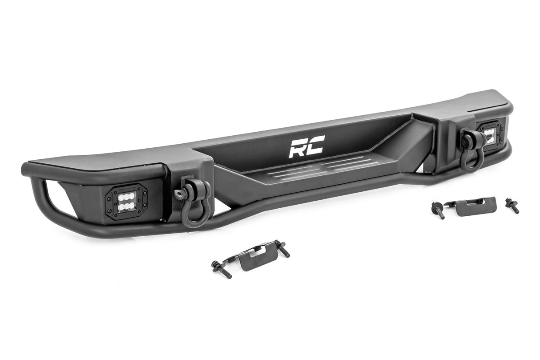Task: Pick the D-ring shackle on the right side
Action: tap(471, 150)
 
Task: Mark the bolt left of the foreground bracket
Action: tap(221, 269)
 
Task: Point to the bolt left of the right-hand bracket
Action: tap(438, 210)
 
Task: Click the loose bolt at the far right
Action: tap(512, 205)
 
